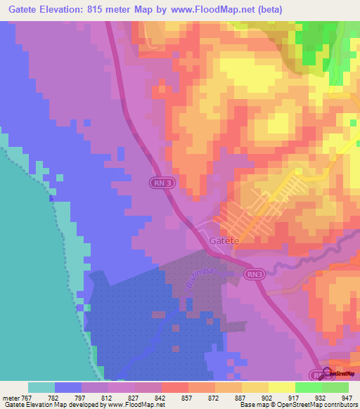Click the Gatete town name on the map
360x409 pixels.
point(224,240)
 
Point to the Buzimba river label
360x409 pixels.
point(206,275)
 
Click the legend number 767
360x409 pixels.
point(24,396)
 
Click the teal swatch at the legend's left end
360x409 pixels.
point(41,387)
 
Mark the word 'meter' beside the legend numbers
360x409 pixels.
point(8,396)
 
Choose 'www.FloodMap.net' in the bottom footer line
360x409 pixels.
point(139,405)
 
